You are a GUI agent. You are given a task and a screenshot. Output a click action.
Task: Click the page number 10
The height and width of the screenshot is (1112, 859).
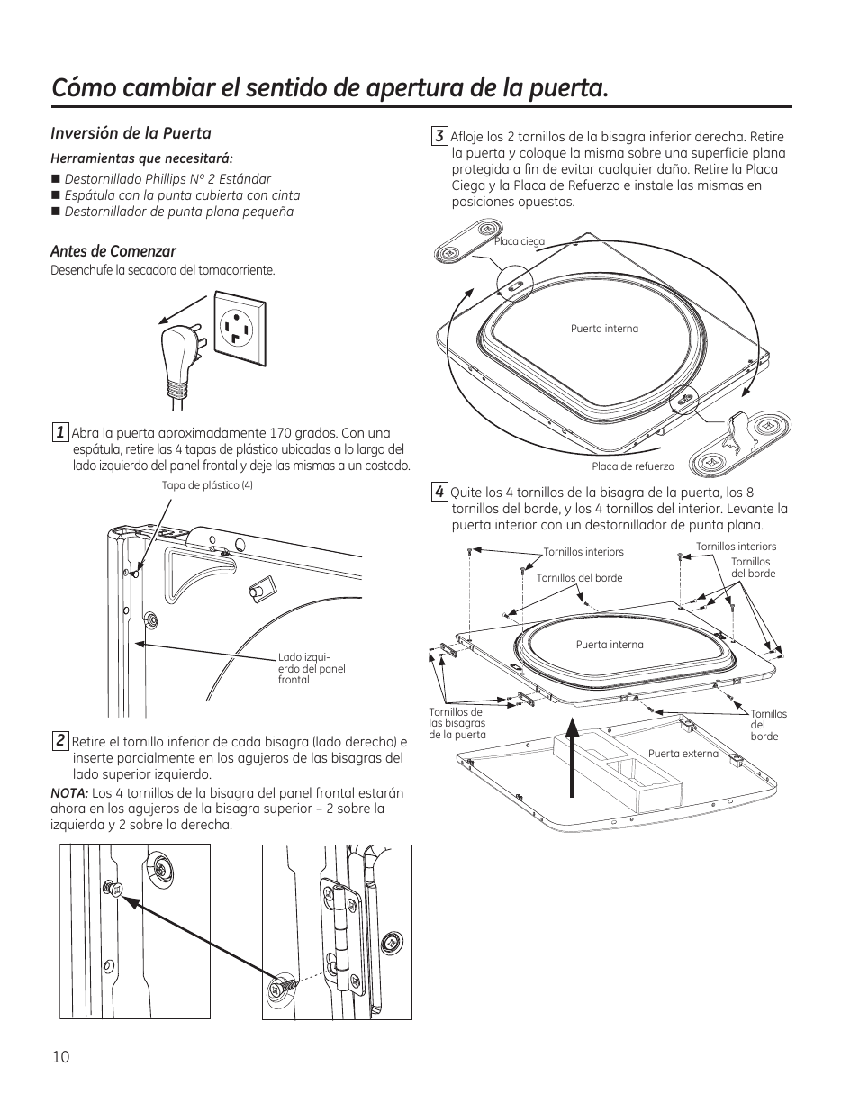click(60, 1057)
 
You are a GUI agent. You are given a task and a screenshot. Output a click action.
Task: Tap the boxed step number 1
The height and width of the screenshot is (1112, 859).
click(59, 432)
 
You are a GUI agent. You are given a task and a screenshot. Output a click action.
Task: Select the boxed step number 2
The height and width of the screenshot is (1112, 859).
click(59, 741)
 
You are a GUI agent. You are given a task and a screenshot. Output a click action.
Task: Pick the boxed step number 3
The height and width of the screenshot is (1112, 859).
click(439, 136)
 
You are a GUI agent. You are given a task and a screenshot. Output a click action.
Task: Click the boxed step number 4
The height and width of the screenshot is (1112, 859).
click(439, 492)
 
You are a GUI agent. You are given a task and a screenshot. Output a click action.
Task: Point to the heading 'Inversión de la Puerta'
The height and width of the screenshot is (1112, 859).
click(131, 133)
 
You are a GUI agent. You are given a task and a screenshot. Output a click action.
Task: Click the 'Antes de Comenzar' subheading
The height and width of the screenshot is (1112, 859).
click(113, 251)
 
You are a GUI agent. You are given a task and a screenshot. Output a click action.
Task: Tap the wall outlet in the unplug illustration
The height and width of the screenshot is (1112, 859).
click(240, 329)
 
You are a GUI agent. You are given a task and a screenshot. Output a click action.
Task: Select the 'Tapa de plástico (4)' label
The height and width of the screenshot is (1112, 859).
click(207, 485)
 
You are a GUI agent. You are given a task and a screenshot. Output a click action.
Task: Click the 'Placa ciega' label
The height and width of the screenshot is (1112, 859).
click(520, 241)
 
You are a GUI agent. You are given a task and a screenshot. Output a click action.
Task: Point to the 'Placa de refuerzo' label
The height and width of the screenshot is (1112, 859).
click(633, 466)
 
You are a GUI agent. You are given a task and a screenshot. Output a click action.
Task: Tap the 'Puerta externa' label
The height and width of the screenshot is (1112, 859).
click(683, 754)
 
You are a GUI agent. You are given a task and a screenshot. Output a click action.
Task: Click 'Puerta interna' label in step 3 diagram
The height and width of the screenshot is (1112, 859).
click(604, 329)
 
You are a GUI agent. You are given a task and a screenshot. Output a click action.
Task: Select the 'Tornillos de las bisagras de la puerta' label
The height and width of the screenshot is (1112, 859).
click(457, 723)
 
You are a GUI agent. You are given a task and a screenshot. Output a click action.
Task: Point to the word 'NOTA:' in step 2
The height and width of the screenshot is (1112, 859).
click(69, 793)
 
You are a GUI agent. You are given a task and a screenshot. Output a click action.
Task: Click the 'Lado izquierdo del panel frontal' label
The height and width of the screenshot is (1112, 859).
click(312, 669)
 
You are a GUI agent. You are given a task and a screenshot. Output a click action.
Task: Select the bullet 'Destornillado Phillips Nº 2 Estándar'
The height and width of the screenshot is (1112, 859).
click(167, 179)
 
